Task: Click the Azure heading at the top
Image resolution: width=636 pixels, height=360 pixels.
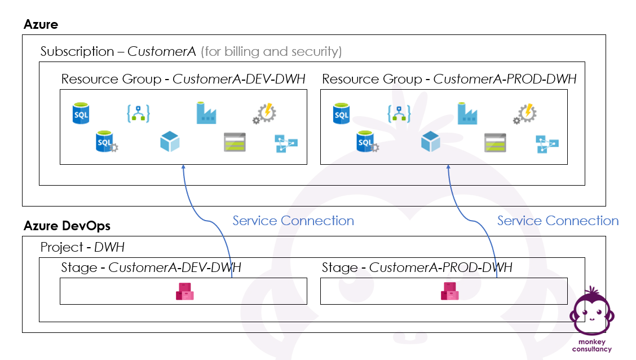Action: (x=41, y=24)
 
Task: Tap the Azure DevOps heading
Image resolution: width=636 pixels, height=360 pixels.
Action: (x=67, y=226)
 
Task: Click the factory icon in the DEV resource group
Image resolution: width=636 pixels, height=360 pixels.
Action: (x=206, y=113)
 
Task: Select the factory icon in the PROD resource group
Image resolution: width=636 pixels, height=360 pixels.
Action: (x=467, y=113)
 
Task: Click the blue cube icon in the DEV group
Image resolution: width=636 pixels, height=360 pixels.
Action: (x=170, y=141)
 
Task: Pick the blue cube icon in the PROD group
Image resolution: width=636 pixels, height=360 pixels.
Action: (x=430, y=141)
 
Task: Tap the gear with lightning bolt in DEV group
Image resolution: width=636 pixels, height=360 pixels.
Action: (x=264, y=113)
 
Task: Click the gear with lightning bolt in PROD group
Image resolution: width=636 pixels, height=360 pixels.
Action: (x=525, y=113)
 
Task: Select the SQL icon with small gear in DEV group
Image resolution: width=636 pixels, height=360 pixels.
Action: (x=107, y=142)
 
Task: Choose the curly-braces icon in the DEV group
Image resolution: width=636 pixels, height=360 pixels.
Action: (x=138, y=113)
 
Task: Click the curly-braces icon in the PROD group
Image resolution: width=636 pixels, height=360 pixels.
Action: (x=399, y=113)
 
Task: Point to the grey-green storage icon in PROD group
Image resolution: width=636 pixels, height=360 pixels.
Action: (x=495, y=142)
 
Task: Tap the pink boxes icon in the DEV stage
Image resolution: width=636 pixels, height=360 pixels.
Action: (x=184, y=291)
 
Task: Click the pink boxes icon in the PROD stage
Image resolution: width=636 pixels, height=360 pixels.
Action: (x=449, y=291)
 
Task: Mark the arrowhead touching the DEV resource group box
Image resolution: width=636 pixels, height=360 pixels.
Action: (x=183, y=166)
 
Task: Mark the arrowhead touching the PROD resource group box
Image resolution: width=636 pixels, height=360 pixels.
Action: (x=448, y=166)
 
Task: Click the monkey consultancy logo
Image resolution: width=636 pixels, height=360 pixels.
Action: (x=592, y=319)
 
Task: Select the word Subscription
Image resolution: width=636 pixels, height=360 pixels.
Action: (x=77, y=51)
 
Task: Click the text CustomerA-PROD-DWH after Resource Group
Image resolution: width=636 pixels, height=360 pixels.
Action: (x=505, y=79)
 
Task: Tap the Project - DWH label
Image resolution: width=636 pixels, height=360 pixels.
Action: (x=82, y=247)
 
